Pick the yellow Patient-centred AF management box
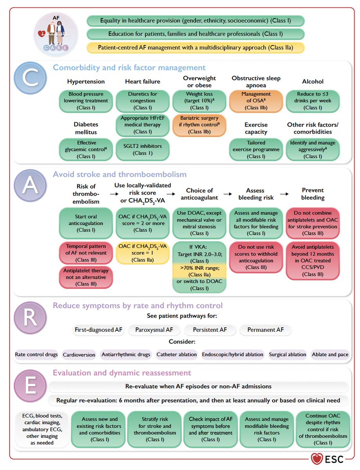click(195, 48)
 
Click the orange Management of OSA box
click(256, 101)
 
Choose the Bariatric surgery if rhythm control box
click(200, 125)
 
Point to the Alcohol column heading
click(313, 81)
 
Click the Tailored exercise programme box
click(256, 150)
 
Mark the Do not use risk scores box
click(256, 257)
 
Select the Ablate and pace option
click(330, 355)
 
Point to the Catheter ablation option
click(177, 355)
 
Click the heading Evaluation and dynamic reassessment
click(122, 372)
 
